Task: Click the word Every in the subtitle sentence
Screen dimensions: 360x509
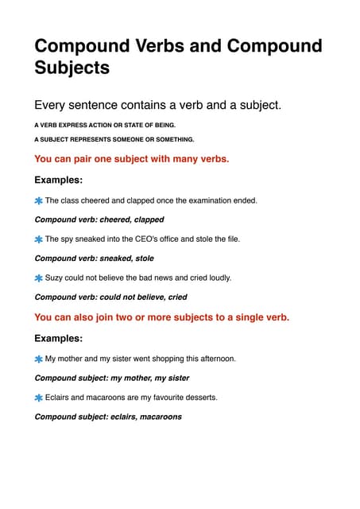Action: (x=52, y=106)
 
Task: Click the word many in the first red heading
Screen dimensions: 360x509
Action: (x=168, y=159)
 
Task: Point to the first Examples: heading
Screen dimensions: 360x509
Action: (x=58, y=180)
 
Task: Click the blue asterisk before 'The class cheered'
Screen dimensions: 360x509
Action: (x=38, y=200)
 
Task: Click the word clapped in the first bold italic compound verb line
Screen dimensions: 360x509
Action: (x=149, y=220)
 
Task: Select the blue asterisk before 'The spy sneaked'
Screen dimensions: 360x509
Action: (x=38, y=239)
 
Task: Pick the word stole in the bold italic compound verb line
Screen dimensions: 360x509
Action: (x=144, y=258)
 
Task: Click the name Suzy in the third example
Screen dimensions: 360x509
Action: (x=54, y=278)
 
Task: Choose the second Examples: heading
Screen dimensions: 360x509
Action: (x=58, y=338)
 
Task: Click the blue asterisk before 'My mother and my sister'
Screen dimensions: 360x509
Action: (x=38, y=359)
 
